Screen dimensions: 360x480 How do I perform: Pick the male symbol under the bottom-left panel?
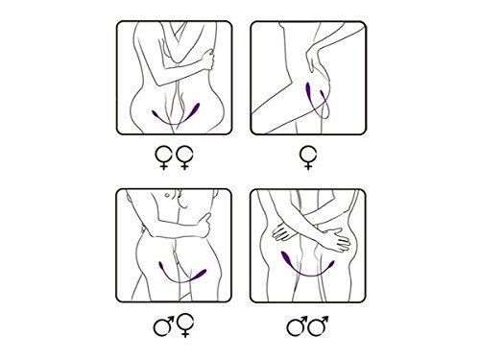(163, 326)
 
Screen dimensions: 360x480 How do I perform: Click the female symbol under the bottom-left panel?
(183, 327)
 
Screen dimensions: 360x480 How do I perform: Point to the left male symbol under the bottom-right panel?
(296, 326)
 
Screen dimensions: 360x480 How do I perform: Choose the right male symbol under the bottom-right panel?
(319, 326)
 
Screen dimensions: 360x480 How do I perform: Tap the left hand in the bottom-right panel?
(287, 234)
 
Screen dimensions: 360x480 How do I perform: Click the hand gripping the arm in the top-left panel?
(204, 60)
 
